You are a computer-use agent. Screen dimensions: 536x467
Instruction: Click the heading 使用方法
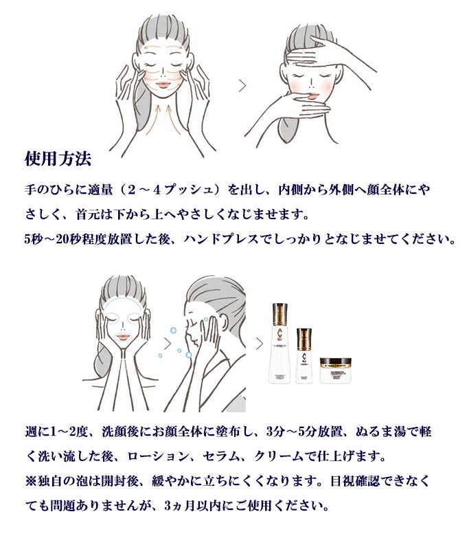pyautogui.click(x=57, y=160)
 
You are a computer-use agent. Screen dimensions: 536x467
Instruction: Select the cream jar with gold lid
pyautogui.click(x=339, y=368)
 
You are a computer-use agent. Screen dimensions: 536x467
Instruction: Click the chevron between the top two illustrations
pyautogui.click(x=241, y=85)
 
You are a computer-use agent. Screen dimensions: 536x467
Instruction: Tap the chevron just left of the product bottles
pyautogui.click(x=259, y=342)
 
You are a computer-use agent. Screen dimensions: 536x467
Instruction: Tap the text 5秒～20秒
pyautogui.click(x=52, y=240)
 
